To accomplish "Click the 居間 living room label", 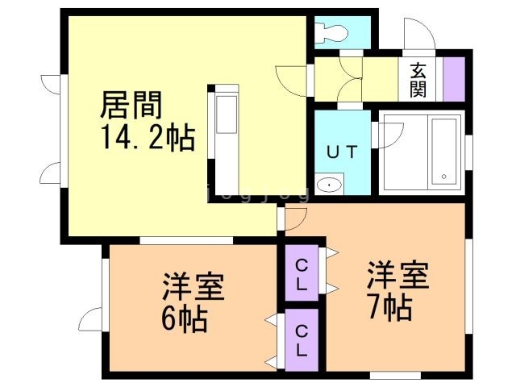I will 132,106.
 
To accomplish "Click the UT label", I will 341,152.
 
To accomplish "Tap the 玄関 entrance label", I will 418,79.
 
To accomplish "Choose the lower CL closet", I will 299,340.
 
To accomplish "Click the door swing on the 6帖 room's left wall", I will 93,318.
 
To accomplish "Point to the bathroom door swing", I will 385,133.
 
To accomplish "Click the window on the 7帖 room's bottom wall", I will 395,375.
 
